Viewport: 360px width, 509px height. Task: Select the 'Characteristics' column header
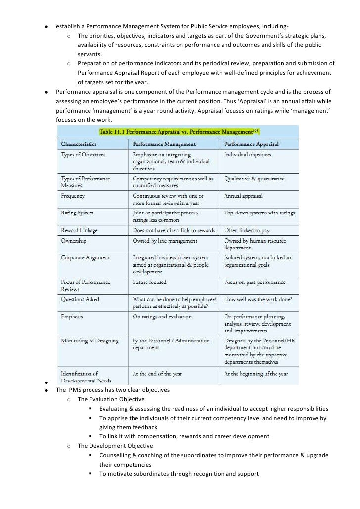[x=78, y=144]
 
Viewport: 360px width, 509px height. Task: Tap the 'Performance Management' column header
[x=164, y=144]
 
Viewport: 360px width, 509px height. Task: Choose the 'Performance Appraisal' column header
[x=252, y=144]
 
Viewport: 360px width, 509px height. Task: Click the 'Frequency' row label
[x=73, y=196]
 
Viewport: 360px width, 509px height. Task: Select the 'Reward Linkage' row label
[x=79, y=230]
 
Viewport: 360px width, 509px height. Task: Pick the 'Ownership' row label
[x=74, y=241]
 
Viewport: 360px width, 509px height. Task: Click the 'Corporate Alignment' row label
[x=85, y=257]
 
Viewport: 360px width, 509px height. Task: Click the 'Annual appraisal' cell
[x=243, y=196]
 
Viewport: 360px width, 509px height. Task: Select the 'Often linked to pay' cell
[x=249, y=230]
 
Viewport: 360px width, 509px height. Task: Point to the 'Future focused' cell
[x=149, y=282]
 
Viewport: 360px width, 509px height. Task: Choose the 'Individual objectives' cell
[x=248, y=154]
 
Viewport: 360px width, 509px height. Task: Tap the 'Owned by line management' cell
[x=165, y=241]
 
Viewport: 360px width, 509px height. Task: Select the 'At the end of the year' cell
[x=157, y=374]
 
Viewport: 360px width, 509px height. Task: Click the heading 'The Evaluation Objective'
[x=111, y=399]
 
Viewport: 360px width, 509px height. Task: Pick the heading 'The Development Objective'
[x=115, y=446]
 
